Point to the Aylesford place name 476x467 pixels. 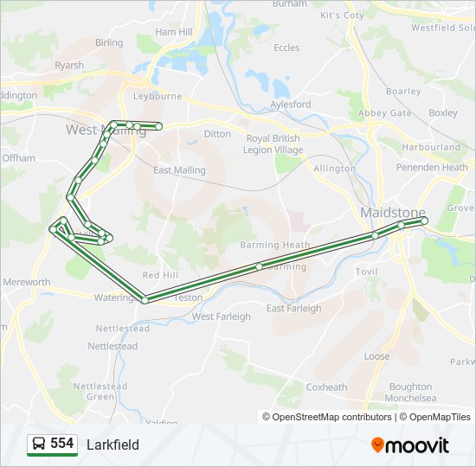click(x=290, y=105)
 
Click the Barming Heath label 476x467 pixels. click(x=274, y=245)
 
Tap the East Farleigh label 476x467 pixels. click(x=293, y=308)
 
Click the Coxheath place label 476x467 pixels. click(x=326, y=387)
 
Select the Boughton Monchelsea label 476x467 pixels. click(x=410, y=392)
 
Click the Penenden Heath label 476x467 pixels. click(x=432, y=167)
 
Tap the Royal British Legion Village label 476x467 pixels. click(x=273, y=144)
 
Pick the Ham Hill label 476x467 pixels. click(x=173, y=32)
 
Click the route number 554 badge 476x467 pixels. click(x=61, y=444)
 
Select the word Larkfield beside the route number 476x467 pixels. click(x=113, y=445)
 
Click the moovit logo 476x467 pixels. click(x=410, y=445)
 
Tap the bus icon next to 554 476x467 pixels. click(x=39, y=445)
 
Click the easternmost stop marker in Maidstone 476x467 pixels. click(x=424, y=221)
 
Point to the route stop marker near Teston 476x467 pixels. click(x=145, y=299)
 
